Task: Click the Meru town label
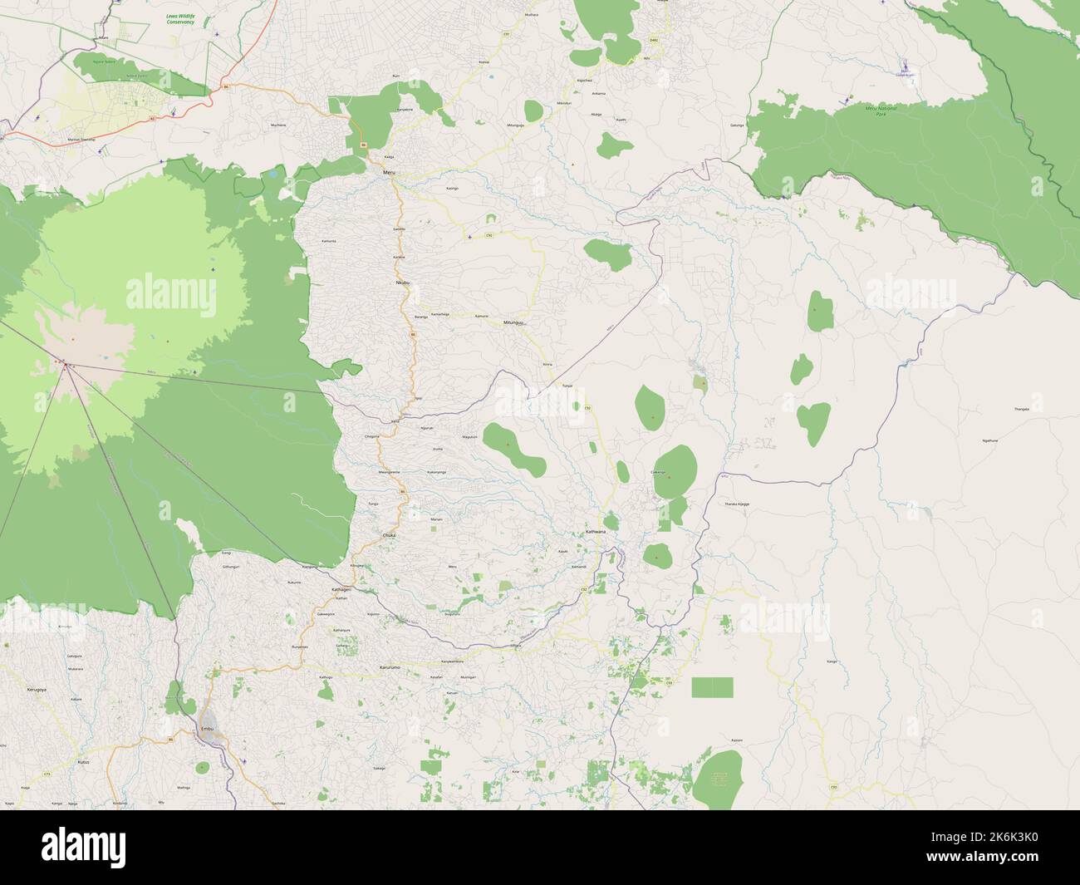point(389,173)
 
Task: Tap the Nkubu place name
point(404,283)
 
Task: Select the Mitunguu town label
point(514,322)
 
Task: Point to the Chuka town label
point(389,535)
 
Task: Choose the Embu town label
point(208,729)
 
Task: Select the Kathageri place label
point(341,589)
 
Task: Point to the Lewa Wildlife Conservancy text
point(179,19)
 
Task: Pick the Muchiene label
point(277,125)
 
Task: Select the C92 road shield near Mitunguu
point(490,236)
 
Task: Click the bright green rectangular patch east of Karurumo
point(713,687)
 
